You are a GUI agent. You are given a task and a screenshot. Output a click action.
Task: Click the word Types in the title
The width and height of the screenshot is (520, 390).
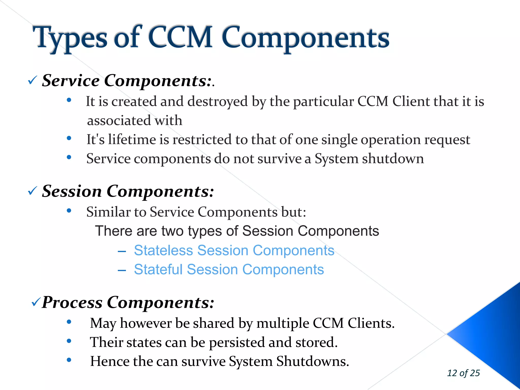click(70, 38)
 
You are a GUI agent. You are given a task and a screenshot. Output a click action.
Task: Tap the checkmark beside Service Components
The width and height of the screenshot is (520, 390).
click(33, 80)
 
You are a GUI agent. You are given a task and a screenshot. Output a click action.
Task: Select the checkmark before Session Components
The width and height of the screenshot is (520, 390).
click(33, 191)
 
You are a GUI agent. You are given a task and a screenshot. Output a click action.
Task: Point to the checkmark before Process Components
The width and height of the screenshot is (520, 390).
click(36, 302)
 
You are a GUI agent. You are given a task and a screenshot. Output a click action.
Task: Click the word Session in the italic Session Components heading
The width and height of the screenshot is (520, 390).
click(72, 191)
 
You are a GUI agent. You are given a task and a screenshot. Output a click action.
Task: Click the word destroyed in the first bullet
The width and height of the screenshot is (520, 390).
click(217, 102)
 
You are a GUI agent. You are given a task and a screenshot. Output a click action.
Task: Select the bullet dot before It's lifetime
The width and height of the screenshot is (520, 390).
click(69, 138)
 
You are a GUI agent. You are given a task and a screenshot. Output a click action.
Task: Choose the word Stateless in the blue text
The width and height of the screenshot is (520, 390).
click(164, 250)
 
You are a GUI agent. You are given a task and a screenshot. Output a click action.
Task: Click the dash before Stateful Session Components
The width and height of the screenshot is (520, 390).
click(122, 270)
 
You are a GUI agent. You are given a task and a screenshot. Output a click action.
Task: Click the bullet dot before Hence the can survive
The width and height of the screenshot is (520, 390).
click(69, 360)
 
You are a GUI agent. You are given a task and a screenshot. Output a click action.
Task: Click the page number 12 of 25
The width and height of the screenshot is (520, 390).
click(463, 373)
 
